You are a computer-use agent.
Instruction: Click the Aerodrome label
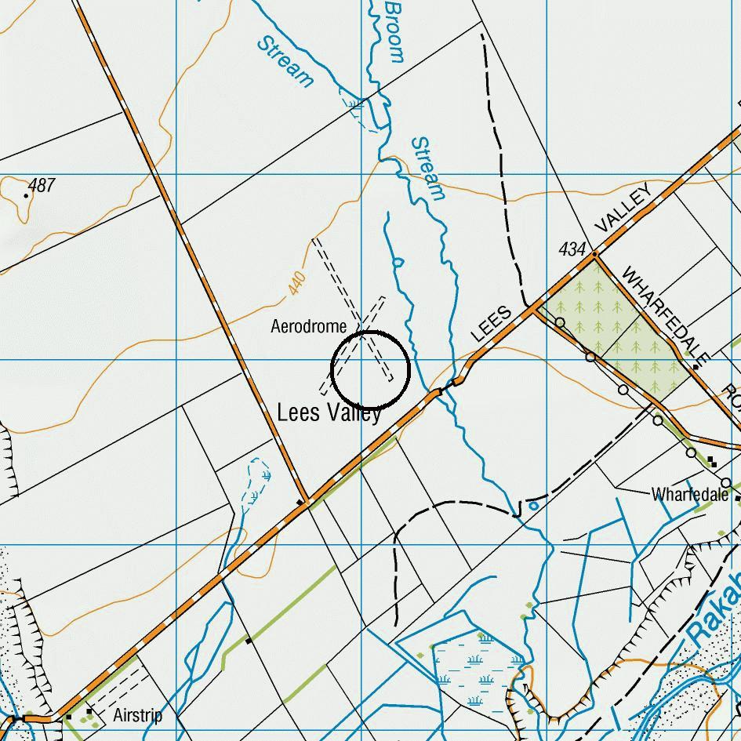pyautogui.click(x=308, y=325)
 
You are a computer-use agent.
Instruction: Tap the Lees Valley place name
pyautogui.click(x=329, y=412)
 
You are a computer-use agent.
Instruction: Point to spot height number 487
pyautogui.click(x=42, y=186)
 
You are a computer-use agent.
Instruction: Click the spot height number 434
pyautogui.click(x=572, y=249)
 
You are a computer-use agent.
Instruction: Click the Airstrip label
pyautogui.click(x=137, y=715)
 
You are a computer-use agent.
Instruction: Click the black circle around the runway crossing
pyautogui.click(x=371, y=369)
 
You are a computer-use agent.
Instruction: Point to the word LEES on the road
pyautogui.click(x=492, y=323)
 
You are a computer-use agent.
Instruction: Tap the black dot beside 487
pyautogui.click(x=27, y=194)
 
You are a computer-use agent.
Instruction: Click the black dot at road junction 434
pyautogui.click(x=595, y=254)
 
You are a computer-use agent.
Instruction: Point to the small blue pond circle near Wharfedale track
pyautogui.click(x=534, y=507)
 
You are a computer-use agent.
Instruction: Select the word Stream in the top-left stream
pyautogui.click(x=285, y=60)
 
